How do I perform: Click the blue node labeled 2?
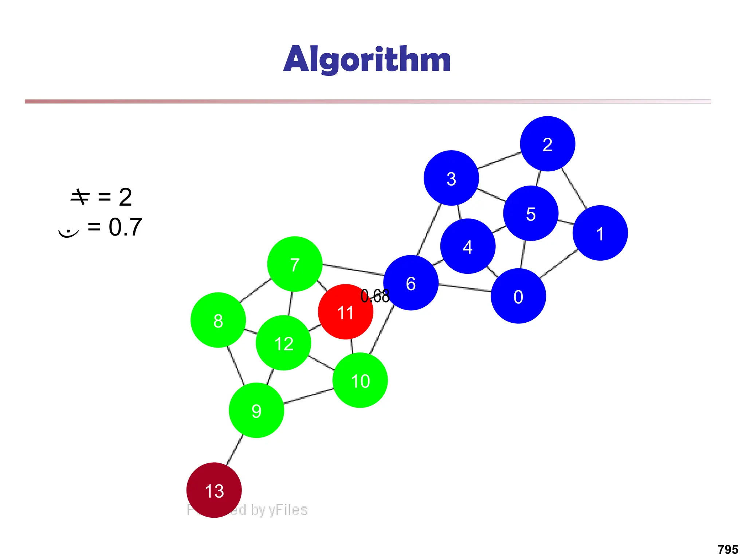[547, 144]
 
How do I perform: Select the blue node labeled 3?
[451, 178]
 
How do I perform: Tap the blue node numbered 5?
[531, 213]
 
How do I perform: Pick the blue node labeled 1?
[600, 233]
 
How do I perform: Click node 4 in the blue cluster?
[468, 246]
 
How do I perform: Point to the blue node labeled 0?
[518, 296]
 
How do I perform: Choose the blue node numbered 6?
[411, 283]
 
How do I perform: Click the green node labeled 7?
[295, 264]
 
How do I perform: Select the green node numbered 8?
[218, 320]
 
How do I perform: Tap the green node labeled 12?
[283, 343]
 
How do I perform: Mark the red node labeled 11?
[345, 312]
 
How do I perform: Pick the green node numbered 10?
[360, 380]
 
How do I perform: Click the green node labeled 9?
[256, 410]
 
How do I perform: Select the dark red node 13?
[214, 490]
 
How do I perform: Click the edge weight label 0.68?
[375, 296]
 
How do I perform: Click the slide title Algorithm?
[367, 59]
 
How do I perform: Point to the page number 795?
[728, 549]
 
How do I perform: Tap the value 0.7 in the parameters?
[125, 227]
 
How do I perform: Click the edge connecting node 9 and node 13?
[235, 450]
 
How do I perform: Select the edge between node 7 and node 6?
[353, 269]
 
